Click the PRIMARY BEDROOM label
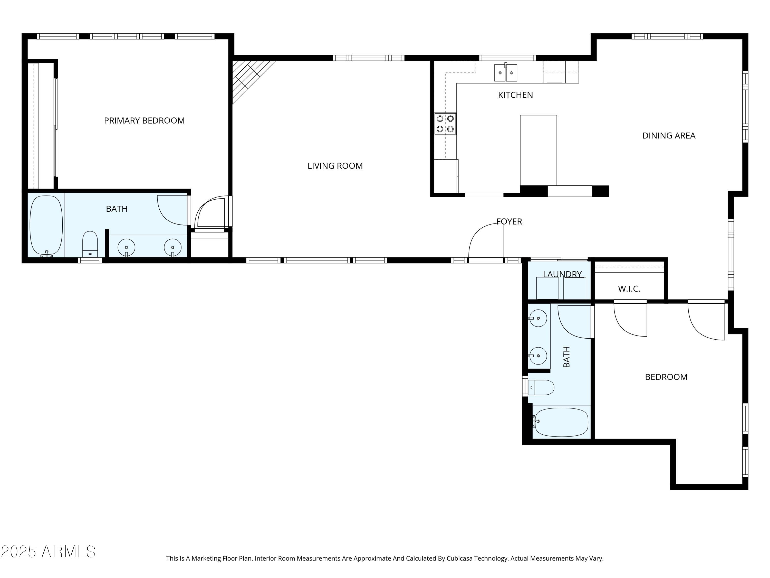click(x=144, y=120)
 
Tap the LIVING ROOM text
click(x=335, y=166)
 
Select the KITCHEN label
click(x=515, y=95)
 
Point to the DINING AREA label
click(x=668, y=136)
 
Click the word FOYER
click(x=509, y=222)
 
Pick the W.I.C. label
click(x=629, y=289)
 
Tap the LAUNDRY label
click(x=562, y=274)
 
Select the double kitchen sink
click(x=505, y=73)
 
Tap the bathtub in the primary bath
click(x=46, y=225)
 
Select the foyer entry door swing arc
click(x=482, y=237)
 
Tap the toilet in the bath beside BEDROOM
click(x=542, y=387)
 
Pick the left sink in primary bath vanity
click(x=126, y=247)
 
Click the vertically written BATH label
click(x=566, y=357)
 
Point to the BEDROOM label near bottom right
click(x=666, y=377)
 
